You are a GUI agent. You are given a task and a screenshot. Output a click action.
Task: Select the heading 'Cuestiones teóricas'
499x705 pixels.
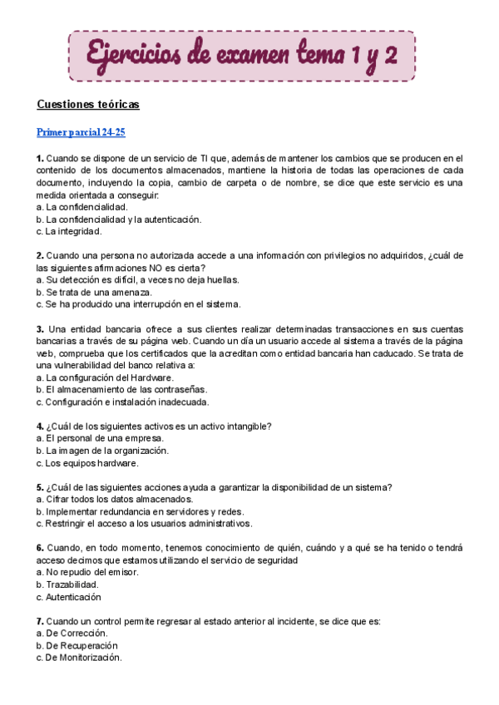(x=88, y=105)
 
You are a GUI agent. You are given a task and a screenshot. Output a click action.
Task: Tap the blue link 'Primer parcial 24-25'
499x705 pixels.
(x=81, y=132)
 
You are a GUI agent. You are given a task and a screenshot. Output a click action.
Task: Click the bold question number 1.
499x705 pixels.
(x=40, y=158)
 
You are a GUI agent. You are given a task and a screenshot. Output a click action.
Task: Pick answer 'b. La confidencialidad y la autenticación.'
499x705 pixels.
(x=119, y=219)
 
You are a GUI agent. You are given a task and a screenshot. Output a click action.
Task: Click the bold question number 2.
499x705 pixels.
(x=40, y=255)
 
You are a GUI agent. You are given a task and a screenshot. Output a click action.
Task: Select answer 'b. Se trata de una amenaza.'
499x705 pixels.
(x=94, y=292)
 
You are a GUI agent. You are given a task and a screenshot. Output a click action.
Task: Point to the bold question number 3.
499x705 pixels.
(x=40, y=328)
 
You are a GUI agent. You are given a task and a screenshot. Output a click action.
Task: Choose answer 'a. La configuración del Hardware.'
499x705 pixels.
(x=105, y=377)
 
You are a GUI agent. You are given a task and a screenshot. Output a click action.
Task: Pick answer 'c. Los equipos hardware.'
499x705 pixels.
(x=87, y=463)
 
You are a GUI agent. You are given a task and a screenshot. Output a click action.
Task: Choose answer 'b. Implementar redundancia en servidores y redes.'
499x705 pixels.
(x=139, y=512)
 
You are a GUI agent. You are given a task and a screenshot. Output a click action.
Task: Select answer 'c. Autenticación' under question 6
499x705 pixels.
(x=69, y=597)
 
